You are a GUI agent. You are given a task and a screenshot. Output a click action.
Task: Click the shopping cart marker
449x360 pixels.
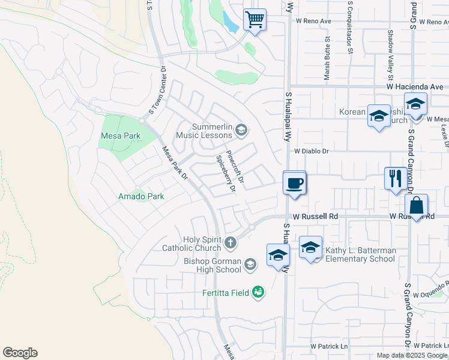(255, 20)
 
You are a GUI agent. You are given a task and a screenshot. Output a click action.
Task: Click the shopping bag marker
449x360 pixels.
(416, 206)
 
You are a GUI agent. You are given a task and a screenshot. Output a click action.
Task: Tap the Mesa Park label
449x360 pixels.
(120, 136)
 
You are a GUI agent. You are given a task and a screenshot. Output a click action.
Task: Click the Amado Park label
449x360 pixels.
(142, 196)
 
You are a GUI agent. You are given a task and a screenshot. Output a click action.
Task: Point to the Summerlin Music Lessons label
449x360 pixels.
(211, 131)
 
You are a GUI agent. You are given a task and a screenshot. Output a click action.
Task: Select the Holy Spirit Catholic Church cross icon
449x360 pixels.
(231, 243)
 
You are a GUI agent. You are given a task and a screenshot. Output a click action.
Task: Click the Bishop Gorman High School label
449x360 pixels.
(212, 265)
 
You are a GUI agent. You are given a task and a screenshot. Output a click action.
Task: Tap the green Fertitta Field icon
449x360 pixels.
(258, 292)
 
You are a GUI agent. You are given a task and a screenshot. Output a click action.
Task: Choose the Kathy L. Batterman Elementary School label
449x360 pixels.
(360, 254)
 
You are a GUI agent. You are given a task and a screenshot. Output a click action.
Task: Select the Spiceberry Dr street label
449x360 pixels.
(226, 175)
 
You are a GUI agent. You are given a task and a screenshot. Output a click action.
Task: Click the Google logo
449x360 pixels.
(20, 353)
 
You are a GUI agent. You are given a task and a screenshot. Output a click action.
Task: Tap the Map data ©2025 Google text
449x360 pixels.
(411, 355)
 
